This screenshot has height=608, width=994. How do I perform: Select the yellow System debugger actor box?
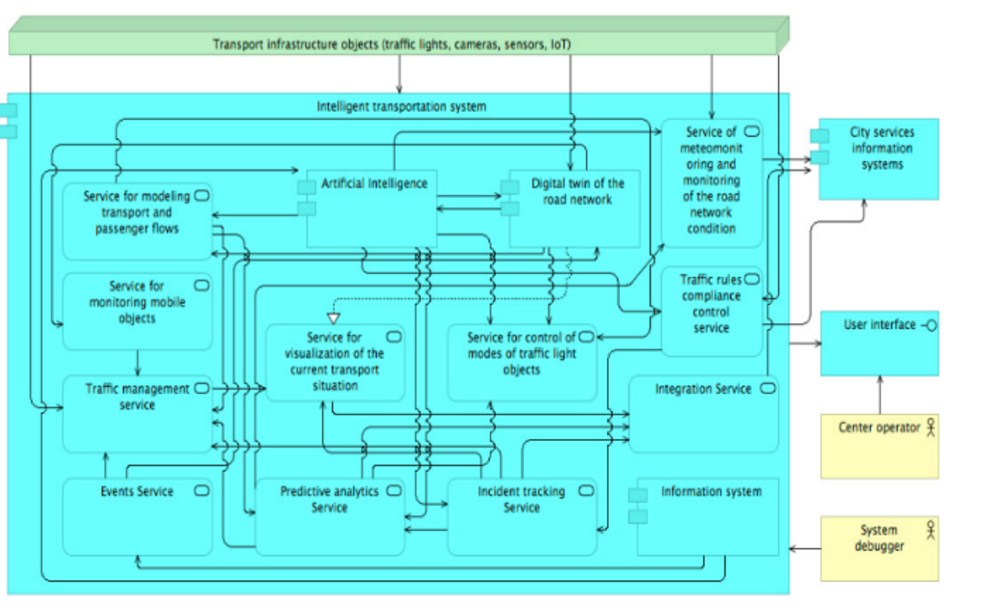[879, 549]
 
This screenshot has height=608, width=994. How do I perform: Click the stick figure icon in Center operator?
[931, 427]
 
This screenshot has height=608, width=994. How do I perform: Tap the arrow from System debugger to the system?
[805, 549]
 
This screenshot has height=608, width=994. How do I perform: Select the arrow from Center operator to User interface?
[880, 396]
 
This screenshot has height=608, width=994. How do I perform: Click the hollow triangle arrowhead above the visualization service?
[334, 318]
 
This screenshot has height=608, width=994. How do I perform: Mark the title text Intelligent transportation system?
[401, 106]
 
